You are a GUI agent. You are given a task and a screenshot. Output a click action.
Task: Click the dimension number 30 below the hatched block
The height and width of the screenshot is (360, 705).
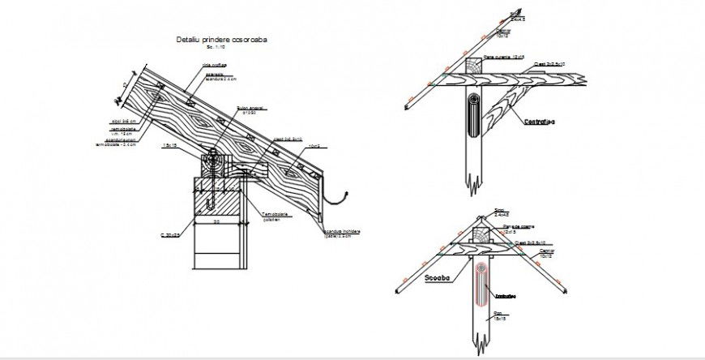pyautogui.click(x=216, y=220)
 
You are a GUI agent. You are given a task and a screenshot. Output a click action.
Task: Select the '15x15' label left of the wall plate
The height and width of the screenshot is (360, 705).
pyautogui.click(x=170, y=145)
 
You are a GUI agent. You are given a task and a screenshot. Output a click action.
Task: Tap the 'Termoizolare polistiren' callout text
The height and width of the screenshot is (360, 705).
pyautogui.click(x=276, y=216)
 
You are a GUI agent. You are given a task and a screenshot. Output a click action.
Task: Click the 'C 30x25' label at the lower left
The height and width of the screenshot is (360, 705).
pyautogui.click(x=169, y=235)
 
